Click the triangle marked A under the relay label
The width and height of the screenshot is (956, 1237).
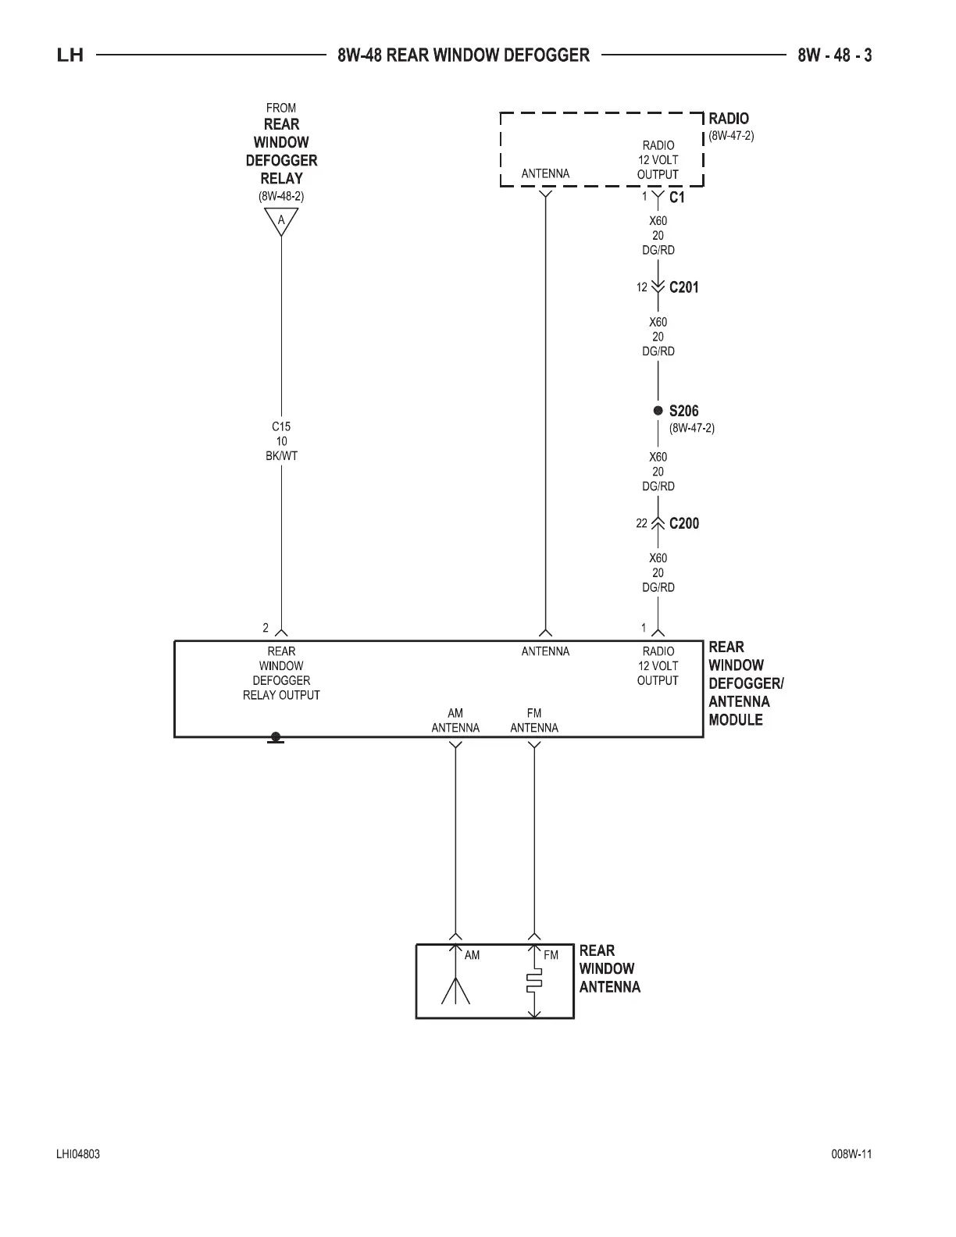(281, 221)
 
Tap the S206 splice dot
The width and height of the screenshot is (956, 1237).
(658, 411)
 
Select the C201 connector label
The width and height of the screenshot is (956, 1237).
(683, 287)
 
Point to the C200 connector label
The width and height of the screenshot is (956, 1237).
(683, 523)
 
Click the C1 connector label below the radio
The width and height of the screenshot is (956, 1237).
(676, 198)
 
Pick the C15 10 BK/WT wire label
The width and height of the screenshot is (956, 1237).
(281, 441)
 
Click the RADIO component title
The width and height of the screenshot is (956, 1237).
(728, 119)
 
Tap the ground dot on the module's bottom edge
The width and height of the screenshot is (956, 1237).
(275, 736)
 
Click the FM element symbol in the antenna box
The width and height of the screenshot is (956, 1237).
(534, 982)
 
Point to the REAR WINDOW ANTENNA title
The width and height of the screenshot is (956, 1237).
(609, 968)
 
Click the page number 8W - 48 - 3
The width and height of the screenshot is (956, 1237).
(834, 55)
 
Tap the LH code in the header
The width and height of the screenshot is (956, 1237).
(70, 55)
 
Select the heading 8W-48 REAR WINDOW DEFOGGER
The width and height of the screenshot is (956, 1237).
(464, 55)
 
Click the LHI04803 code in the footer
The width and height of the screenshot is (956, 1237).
(78, 1154)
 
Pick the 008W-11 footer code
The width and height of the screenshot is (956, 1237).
(851, 1154)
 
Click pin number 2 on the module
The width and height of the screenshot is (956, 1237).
(266, 628)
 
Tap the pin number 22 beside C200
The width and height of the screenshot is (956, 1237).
(641, 523)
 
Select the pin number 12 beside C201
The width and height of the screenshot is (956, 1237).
(641, 287)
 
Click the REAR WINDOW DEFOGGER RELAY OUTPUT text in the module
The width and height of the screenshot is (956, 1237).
(281, 673)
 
